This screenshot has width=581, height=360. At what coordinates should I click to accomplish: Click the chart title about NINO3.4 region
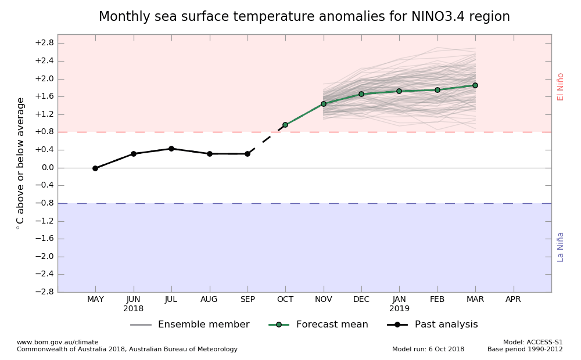click(x=304, y=17)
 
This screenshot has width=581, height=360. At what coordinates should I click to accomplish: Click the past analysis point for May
click(x=95, y=168)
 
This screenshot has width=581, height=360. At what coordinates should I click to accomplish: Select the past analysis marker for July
click(x=171, y=149)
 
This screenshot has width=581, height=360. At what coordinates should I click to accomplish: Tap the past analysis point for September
click(x=248, y=154)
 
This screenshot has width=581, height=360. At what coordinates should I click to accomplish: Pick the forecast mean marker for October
click(x=285, y=125)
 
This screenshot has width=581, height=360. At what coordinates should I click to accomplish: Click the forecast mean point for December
click(x=361, y=94)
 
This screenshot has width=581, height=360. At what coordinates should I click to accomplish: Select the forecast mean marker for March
click(x=475, y=85)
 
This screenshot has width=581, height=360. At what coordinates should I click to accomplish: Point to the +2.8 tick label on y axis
click(x=44, y=43)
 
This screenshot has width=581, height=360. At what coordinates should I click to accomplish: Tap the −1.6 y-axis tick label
click(x=44, y=239)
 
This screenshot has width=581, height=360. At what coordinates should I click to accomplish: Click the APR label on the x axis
click(x=513, y=300)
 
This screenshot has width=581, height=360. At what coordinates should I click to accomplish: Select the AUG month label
click(x=209, y=300)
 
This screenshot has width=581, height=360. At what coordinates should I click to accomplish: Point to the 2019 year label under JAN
click(x=399, y=309)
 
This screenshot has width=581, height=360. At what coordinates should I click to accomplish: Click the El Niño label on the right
click(x=561, y=87)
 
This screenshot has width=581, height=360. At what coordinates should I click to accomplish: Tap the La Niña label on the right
click(x=561, y=247)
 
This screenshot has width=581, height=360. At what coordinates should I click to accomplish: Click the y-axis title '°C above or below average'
click(x=21, y=163)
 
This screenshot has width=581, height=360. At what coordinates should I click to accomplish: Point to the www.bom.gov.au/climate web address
click(x=58, y=343)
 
